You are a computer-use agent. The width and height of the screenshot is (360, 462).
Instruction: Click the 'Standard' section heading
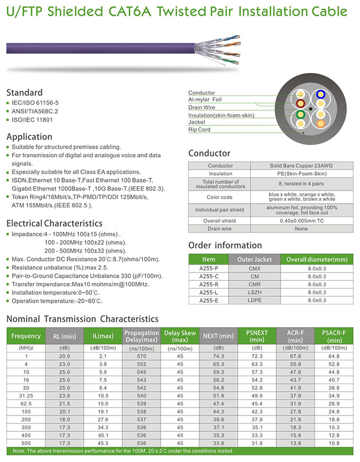click(24, 92)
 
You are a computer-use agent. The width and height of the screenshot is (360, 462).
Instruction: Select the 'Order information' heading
click(225, 245)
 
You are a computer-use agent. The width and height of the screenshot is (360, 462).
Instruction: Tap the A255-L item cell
click(209, 292)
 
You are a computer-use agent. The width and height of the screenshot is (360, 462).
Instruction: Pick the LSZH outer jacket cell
click(254, 292)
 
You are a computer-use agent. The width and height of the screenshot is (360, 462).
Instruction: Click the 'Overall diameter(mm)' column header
click(317, 260)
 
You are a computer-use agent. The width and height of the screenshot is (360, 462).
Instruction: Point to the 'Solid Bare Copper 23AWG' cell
click(300, 166)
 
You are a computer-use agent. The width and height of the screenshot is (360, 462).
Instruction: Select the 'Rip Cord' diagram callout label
click(199, 130)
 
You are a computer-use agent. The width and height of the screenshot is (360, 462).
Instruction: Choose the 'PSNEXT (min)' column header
click(257, 336)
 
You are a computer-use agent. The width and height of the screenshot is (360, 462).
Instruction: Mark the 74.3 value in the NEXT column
click(218, 356)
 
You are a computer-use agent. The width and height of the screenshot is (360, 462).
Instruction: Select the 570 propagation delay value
click(141, 356)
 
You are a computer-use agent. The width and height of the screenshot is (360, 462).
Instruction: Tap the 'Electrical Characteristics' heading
click(54, 223)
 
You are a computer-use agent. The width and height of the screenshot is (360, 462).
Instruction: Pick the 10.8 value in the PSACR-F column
click(334, 442)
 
